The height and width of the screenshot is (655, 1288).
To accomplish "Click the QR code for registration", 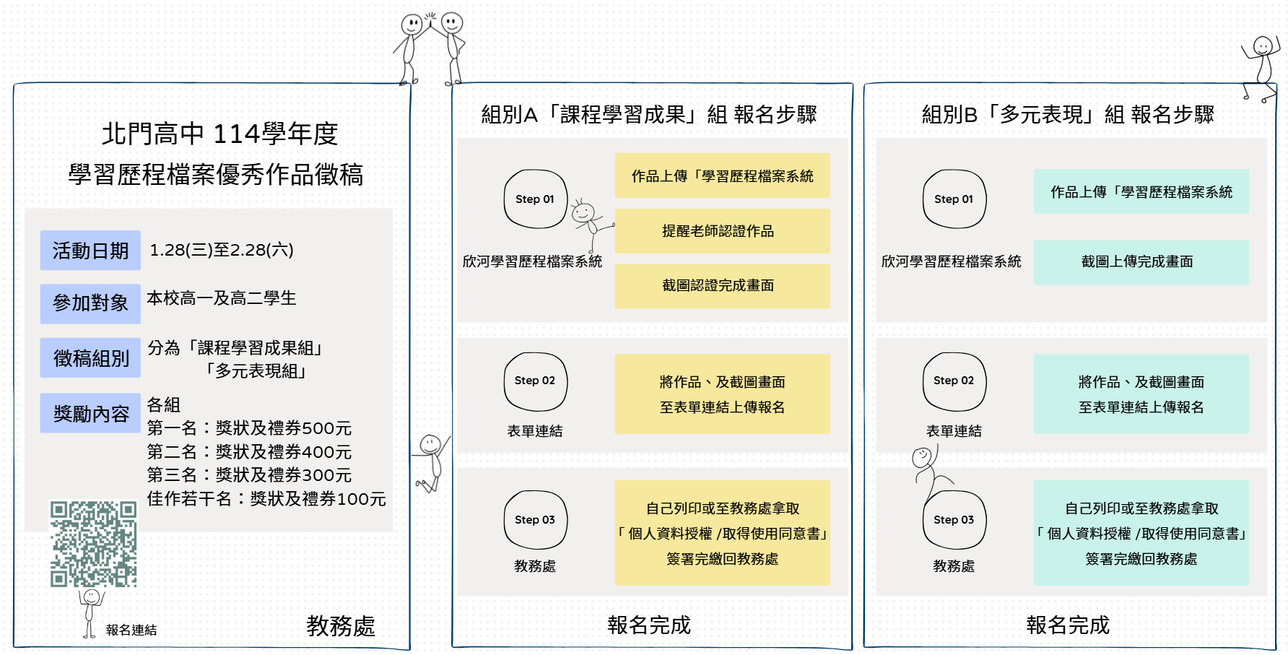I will click(x=93, y=544).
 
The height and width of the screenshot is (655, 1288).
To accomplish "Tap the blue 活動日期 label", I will click(x=90, y=251).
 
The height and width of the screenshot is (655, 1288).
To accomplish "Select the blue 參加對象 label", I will click(x=90, y=303).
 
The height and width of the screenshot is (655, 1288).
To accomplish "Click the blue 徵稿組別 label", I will click(x=90, y=358).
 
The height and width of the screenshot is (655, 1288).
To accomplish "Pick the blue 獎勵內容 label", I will click(x=90, y=414).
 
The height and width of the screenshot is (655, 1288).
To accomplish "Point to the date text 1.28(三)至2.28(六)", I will click(x=222, y=251).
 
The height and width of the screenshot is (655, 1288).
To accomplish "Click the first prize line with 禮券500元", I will click(x=249, y=428).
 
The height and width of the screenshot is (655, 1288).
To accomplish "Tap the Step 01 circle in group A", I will click(x=535, y=199).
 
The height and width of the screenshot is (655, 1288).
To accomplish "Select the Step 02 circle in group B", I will click(x=954, y=381).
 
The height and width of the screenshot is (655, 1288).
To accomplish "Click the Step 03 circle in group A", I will click(x=535, y=520).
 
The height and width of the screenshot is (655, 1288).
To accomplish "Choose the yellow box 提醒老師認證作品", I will click(x=722, y=231).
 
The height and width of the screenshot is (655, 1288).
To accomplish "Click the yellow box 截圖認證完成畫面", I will click(x=722, y=286).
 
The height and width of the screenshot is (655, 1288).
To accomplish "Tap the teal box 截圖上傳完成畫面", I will click(x=1141, y=262).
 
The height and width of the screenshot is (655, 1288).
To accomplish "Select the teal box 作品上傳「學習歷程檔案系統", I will click(x=1141, y=192).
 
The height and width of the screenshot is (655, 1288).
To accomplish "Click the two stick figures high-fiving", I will click(x=432, y=47).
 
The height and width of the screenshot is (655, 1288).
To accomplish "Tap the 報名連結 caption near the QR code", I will click(x=131, y=630).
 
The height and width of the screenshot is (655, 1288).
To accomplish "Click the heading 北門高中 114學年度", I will click(x=219, y=134).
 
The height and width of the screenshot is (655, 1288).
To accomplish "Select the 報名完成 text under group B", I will click(x=1068, y=625).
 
